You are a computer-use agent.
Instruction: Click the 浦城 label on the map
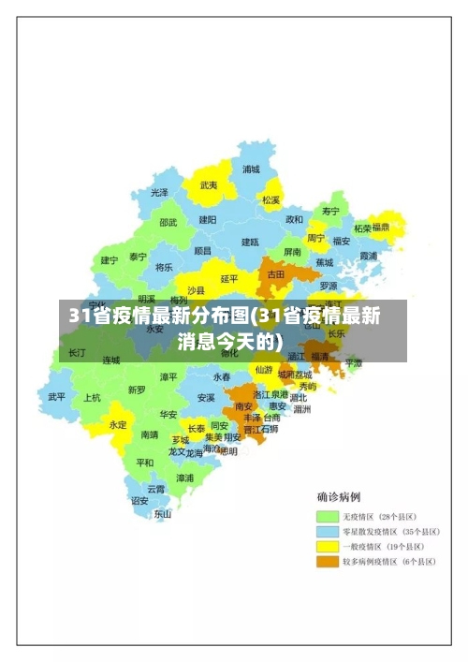point(251,169)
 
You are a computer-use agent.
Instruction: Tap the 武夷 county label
point(209,185)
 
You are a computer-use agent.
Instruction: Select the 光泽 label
point(160,192)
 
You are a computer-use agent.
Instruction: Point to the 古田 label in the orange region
point(276,274)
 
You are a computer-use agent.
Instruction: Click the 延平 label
point(229,278)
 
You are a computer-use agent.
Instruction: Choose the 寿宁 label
point(331,211)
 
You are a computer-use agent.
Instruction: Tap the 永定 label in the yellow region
point(118,424)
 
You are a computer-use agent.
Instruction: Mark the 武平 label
point(57,396)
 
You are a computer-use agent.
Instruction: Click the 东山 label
point(163,513)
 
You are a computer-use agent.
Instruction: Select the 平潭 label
point(354,361)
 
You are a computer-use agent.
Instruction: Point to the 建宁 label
point(110,259)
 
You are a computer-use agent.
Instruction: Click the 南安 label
point(244,406)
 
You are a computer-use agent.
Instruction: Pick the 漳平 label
point(168,376)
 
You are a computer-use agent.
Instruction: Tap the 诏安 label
point(139,500)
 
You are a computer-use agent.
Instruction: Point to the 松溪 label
point(271,199)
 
